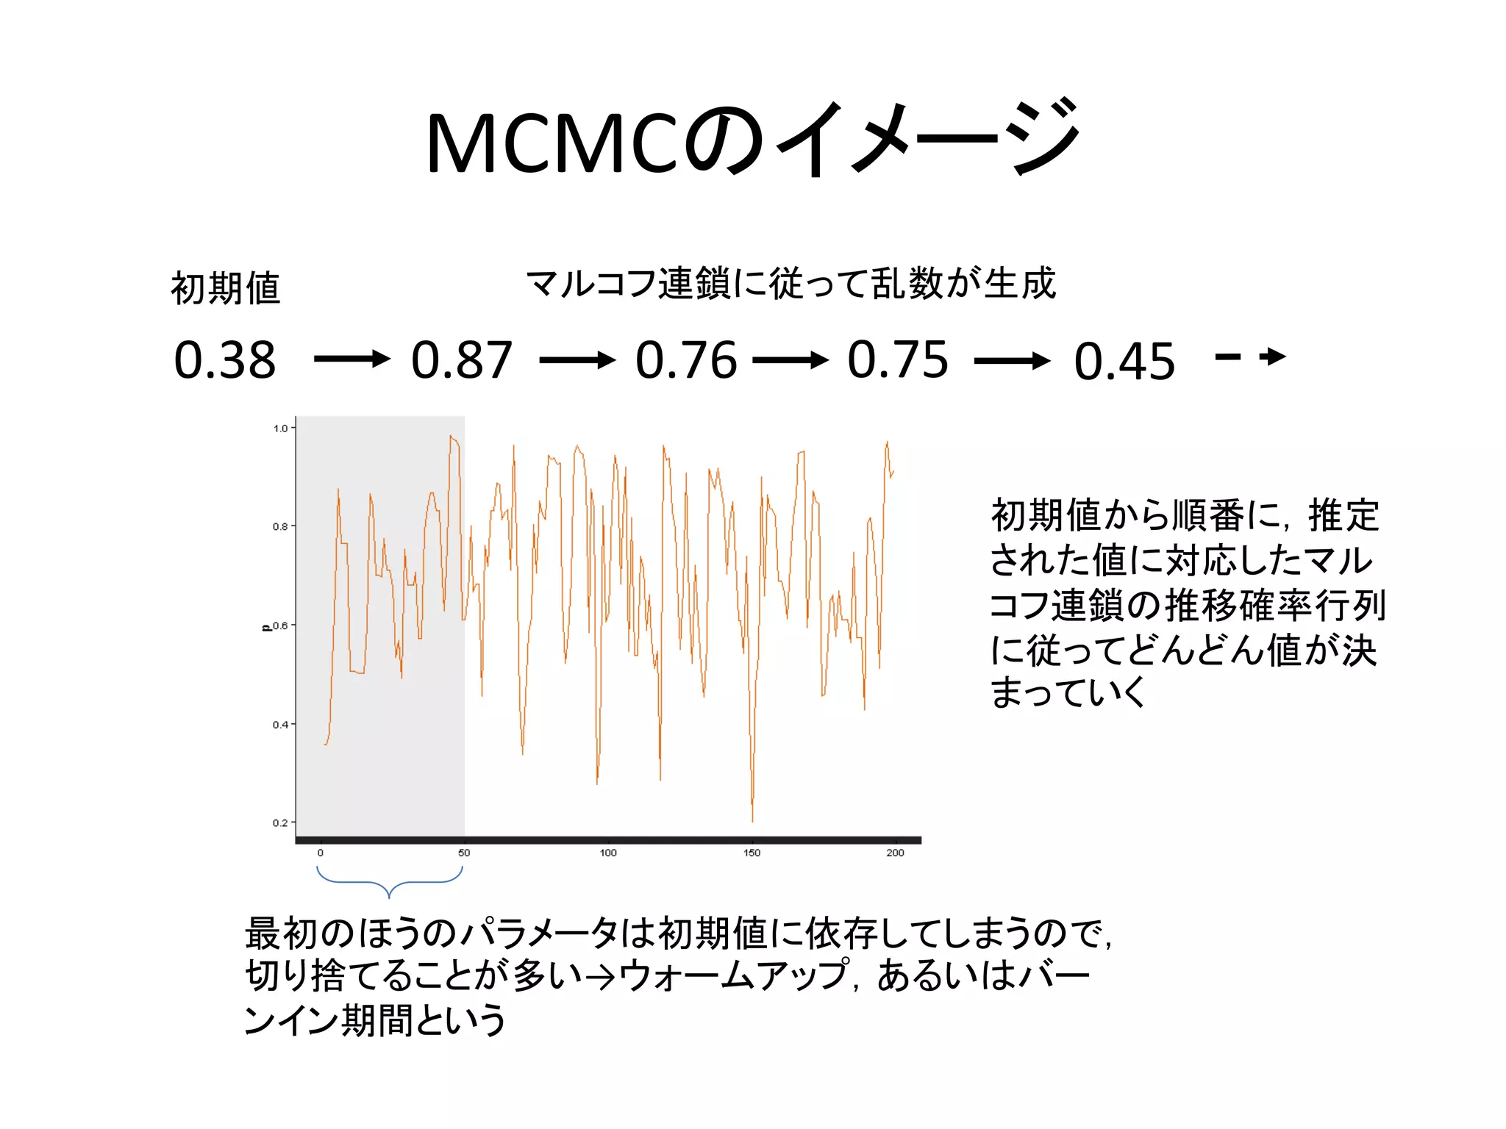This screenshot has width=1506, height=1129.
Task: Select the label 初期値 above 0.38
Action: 226,287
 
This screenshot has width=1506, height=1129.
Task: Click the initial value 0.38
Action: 225,360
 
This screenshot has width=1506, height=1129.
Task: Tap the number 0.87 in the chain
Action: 462,360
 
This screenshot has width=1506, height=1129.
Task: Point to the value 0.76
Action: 686,360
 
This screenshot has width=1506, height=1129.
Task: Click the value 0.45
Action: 1124,362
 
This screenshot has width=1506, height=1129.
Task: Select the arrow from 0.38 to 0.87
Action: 351,359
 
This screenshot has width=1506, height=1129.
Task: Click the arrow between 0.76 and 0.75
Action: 791,360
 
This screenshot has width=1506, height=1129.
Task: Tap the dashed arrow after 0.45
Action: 1250,357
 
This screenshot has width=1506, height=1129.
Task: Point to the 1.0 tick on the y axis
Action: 280,429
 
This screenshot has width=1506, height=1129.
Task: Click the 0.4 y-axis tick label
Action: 280,725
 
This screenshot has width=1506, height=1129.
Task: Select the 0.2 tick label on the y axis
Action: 280,823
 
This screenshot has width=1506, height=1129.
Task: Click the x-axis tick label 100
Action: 608,853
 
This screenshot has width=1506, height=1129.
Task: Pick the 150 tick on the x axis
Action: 752,853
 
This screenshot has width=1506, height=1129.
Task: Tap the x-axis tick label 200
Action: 895,853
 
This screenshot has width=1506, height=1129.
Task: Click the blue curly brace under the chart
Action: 389,881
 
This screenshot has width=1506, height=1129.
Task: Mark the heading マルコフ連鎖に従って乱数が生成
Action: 791,284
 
